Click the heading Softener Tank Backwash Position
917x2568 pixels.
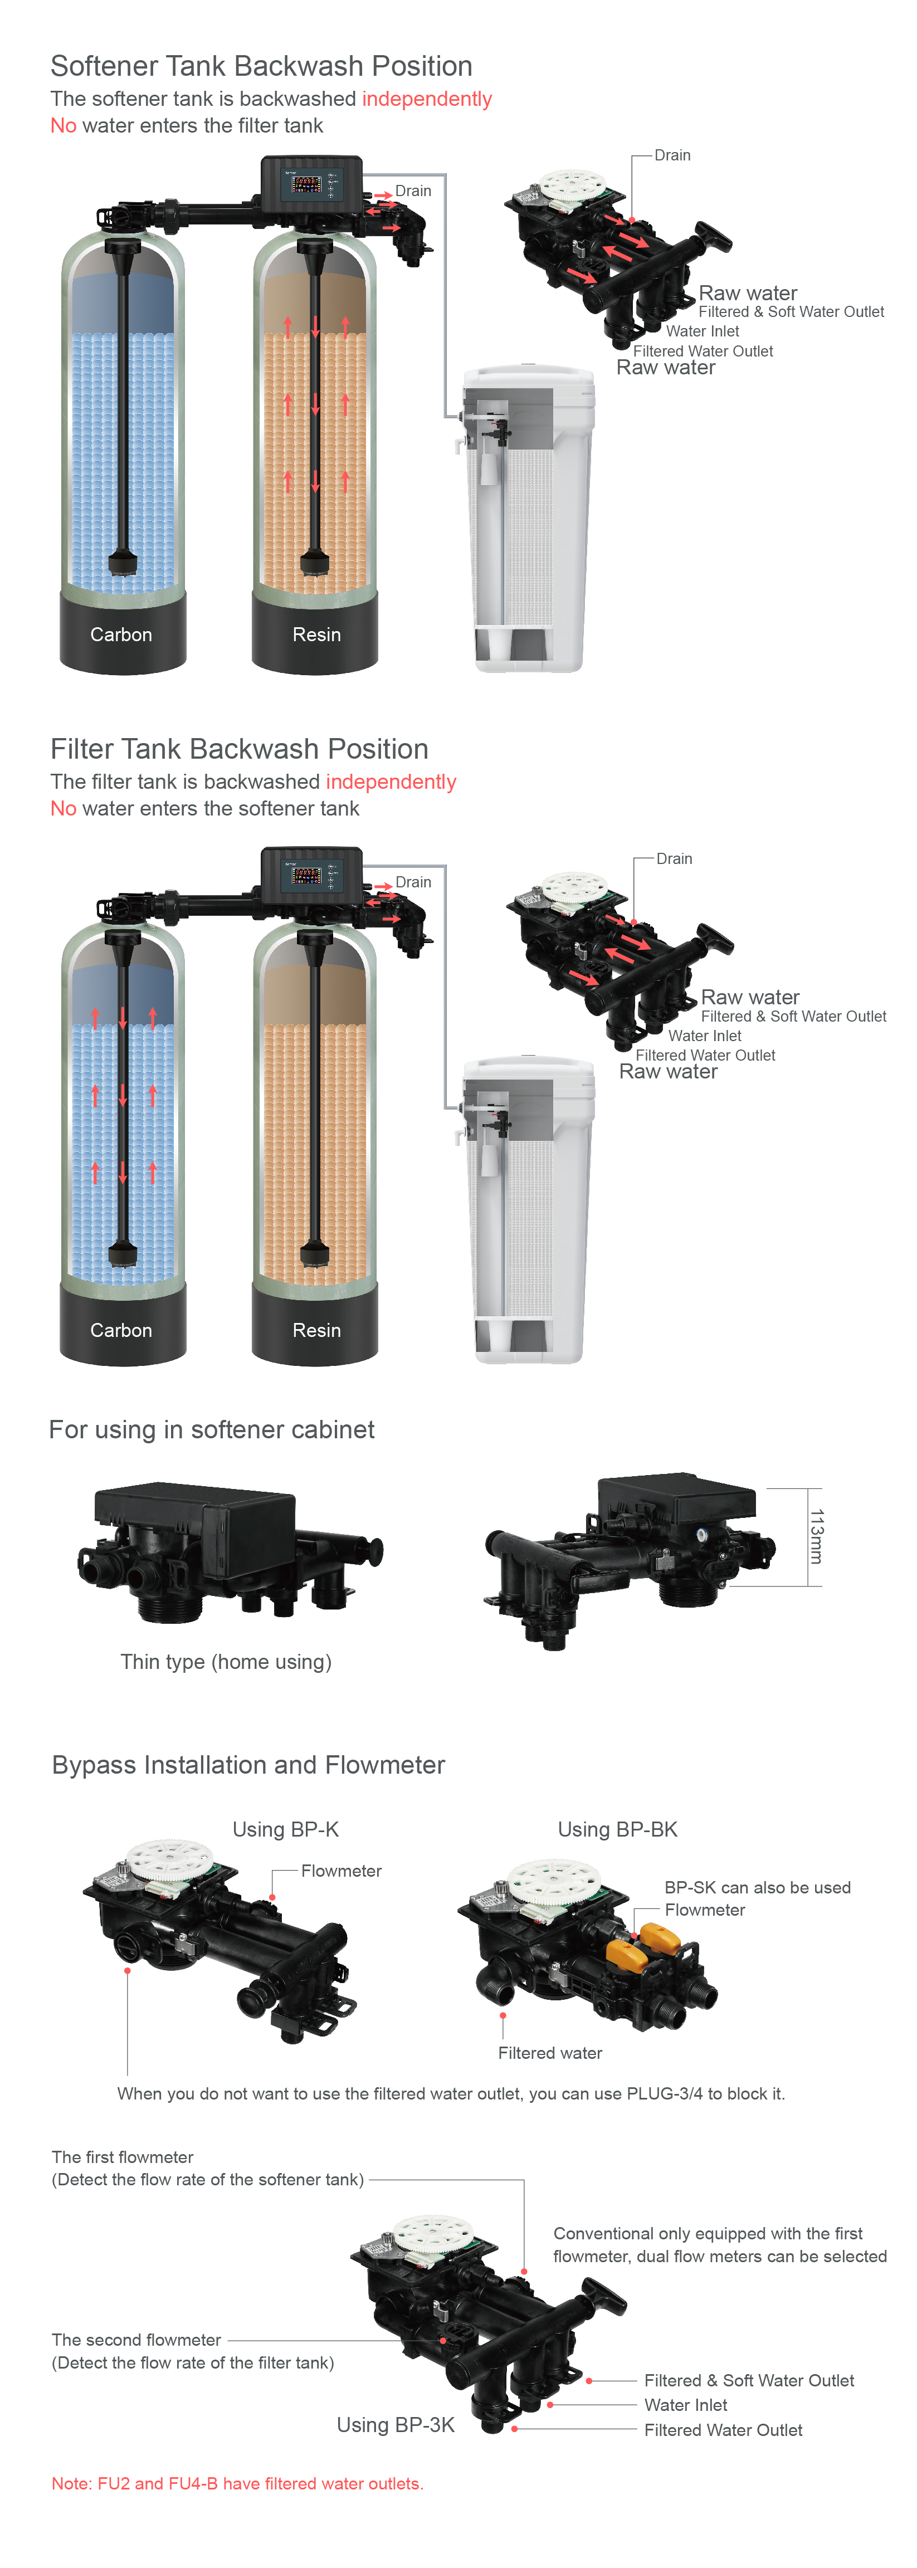pos(261,66)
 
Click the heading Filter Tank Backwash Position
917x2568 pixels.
pos(239,749)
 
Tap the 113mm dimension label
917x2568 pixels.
pos(816,1536)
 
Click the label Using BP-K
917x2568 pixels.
pos(286,1829)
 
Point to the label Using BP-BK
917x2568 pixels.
pos(618,1829)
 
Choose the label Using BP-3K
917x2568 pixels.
pos(396,2424)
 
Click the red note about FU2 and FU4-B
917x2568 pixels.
pos(237,2483)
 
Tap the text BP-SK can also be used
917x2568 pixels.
pos(758,1887)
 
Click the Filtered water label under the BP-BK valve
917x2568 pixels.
pos(550,2053)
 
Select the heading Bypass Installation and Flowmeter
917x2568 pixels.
pos(248,1765)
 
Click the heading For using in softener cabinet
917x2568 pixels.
pos(211,1429)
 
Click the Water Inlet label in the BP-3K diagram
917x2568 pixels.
pos(686,2405)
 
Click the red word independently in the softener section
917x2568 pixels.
pos(427,99)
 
